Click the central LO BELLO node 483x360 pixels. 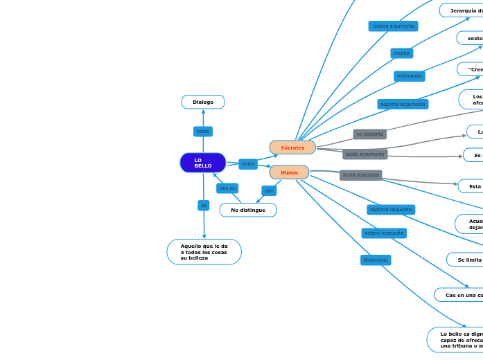click(x=203, y=163)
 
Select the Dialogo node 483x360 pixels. click(x=203, y=102)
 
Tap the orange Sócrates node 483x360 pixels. click(x=292, y=147)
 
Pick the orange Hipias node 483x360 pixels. click(x=289, y=172)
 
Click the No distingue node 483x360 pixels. click(x=248, y=210)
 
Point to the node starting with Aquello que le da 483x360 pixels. click(x=204, y=252)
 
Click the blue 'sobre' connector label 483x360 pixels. click(x=203, y=131)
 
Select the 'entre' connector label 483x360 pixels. click(x=248, y=164)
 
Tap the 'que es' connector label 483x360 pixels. click(x=227, y=188)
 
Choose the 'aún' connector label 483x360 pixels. click(x=269, y=190)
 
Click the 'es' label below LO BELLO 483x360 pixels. click(x=203, y=206)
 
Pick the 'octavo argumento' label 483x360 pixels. click(x=394, y=26)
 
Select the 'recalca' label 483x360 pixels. click(x=402, y=53)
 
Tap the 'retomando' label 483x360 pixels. click(x=410, y=76)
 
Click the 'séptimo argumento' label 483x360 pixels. click(x=403, y=104)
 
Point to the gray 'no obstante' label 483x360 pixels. click(x=369, y=134)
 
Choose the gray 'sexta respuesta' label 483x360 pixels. click(x=360, y=175)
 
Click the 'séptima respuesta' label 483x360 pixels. click(x=391, y=209)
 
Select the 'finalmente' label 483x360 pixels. click(x=376, y=260)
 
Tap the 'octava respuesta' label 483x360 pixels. click(x=384, y=233)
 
